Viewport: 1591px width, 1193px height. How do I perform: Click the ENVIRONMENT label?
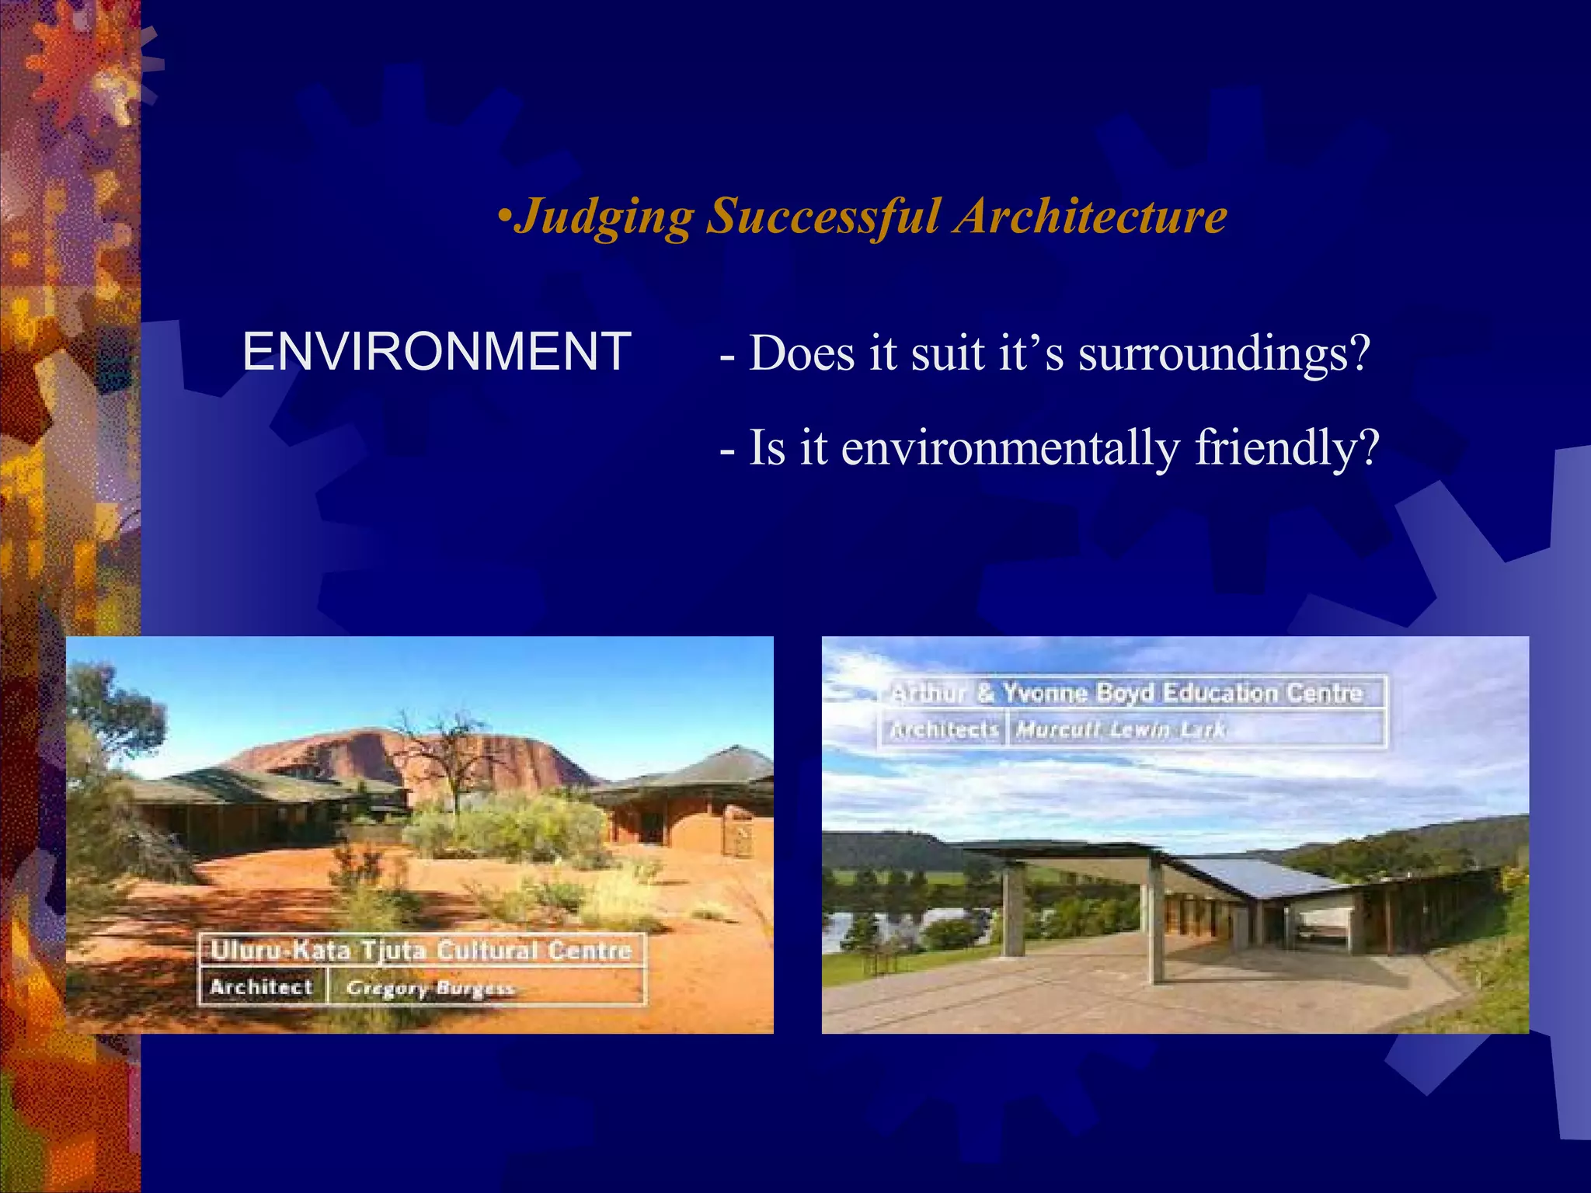click(x=437, y=352)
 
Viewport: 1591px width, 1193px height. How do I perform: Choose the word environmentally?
click(x=1010, y=449)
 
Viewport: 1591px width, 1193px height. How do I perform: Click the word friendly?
click(x=1286, y=449)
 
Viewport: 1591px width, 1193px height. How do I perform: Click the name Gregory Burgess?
click(x=430, y=988)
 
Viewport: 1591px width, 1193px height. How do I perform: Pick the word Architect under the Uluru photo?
click(x=261, y=987)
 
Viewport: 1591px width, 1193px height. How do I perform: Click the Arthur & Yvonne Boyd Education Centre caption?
click(x=1126, y=693)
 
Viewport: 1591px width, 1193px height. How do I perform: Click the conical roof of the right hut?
click(x=722, y=765)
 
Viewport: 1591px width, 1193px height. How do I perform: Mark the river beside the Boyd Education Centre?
click(x=862, y=924)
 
